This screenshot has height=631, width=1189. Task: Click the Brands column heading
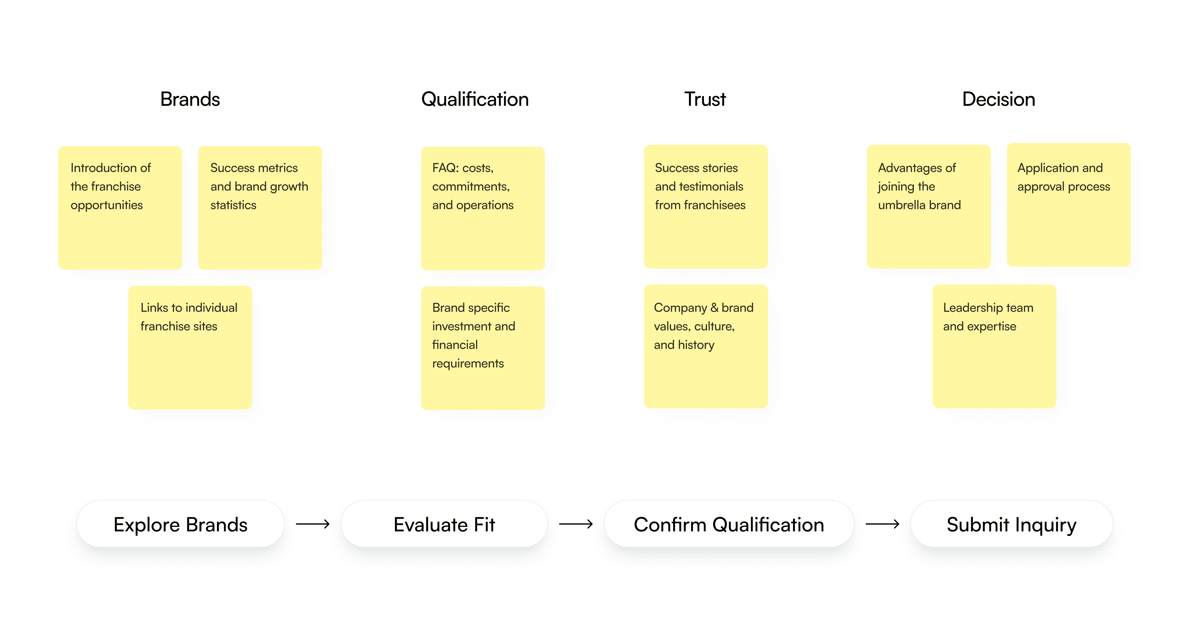coord(190,99)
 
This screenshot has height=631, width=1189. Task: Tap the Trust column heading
coord(705,99)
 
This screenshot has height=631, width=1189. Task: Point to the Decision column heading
coord(998,99)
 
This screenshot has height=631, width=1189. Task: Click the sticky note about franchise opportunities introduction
coord(120,208)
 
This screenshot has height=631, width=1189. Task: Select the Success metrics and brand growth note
coord(260,208)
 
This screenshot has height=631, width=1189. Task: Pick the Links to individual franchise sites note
coord(190,347)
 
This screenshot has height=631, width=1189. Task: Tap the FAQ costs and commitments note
coord(483,208)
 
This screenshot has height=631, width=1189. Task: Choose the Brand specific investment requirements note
coord(483,348)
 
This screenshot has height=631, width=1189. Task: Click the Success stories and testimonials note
coord(706,206)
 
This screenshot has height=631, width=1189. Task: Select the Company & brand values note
coord(706,346)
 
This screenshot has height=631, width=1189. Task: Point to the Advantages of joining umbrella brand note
coord(929,206)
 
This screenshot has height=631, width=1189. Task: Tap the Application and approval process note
coord(1068,204)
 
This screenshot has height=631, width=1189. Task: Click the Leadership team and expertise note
coord(994,346)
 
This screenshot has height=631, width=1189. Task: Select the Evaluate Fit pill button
coord(444,524)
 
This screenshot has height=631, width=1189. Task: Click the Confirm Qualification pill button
coord(729,524)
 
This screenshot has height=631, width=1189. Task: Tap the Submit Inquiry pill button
coord(1011,524)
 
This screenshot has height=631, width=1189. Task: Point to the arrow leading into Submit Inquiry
coord(882,524)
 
